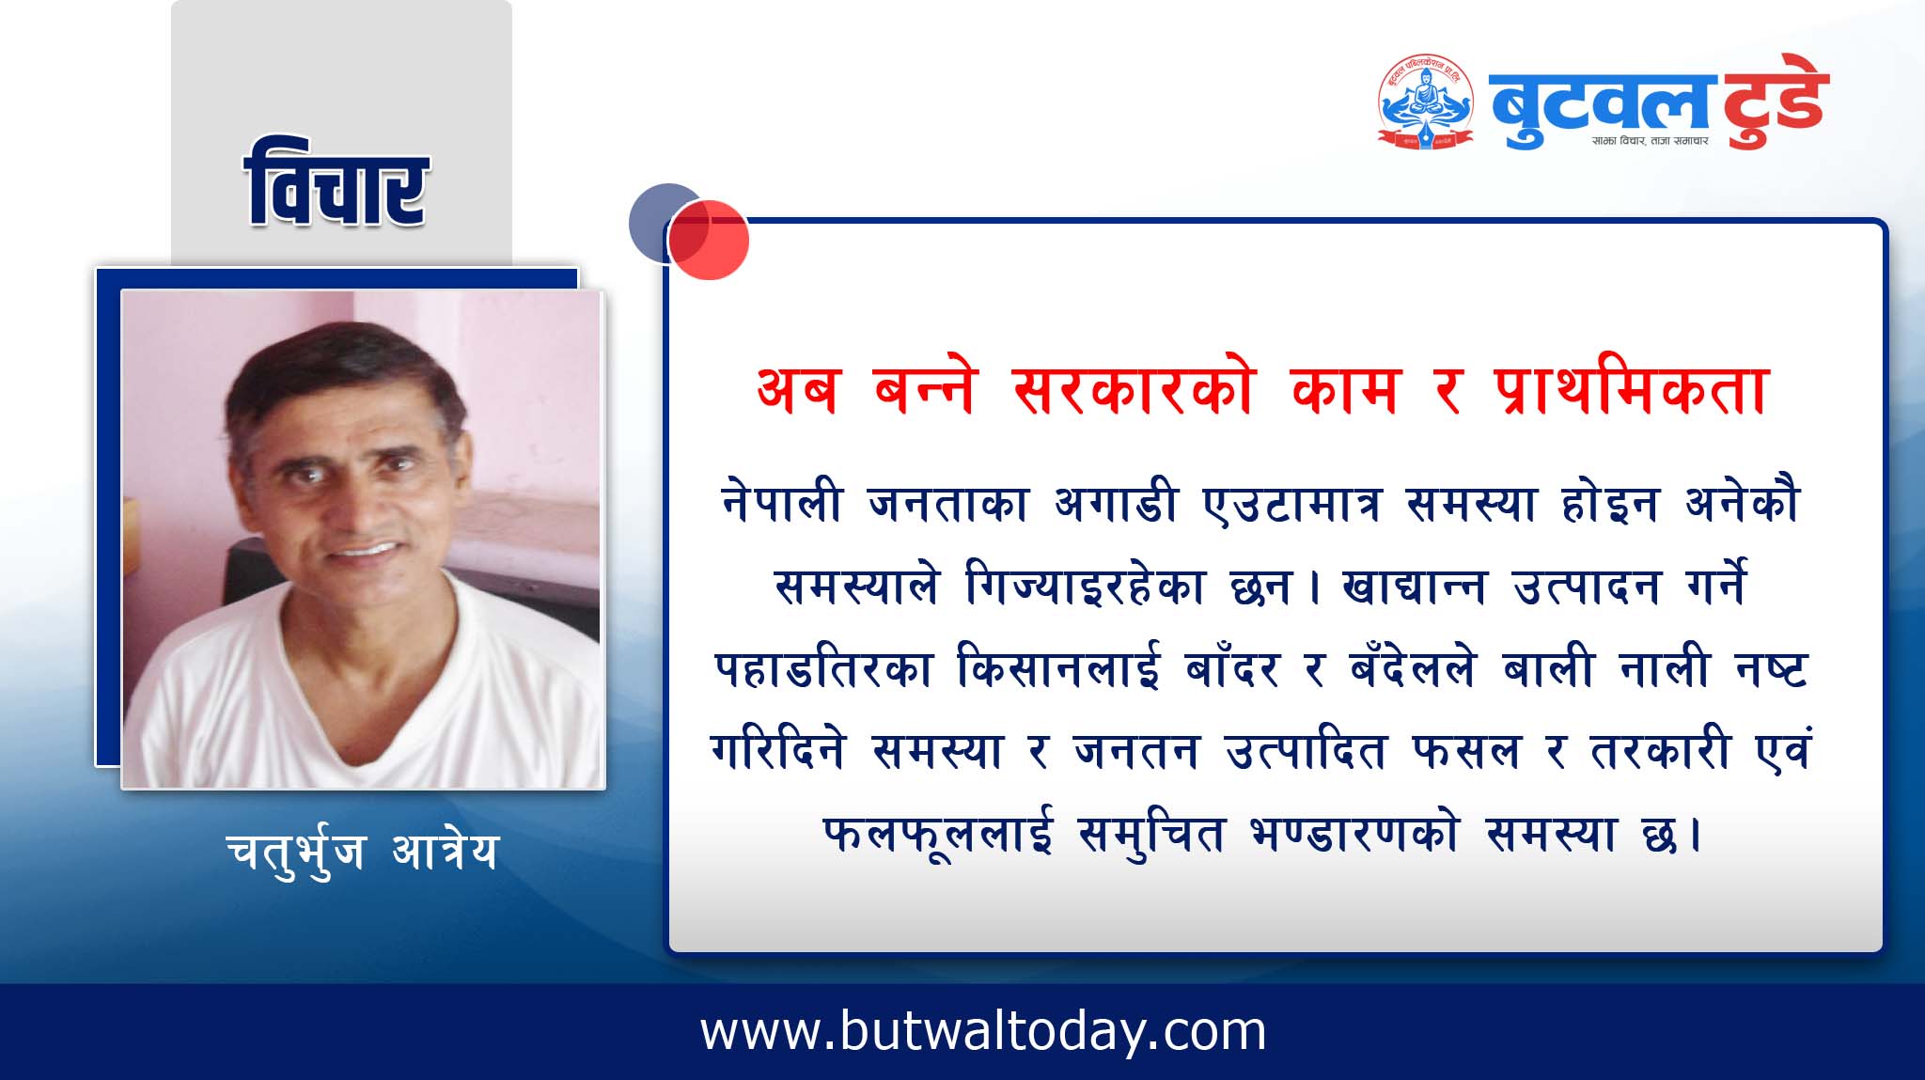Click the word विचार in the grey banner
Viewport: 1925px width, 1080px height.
pyautogui.click(x=336, y=184)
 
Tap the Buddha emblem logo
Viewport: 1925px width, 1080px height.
pyautogui.click(x=1426, y=102)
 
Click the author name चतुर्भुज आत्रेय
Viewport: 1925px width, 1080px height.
pyautogui.click(x=361, y=852)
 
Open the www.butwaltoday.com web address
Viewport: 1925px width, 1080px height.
pyautogui.click(x=983, y=1031)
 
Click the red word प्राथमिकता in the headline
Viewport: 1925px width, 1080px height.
pyautogui.click(x=1632, y=390)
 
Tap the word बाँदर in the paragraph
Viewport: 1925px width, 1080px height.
pyautogui.click(x=1232, y=668)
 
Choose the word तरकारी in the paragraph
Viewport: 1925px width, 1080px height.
pyautogui.click(x=1660, y=751)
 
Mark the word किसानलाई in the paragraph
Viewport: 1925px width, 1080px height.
pyautogui.click(x=1058, y=668)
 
